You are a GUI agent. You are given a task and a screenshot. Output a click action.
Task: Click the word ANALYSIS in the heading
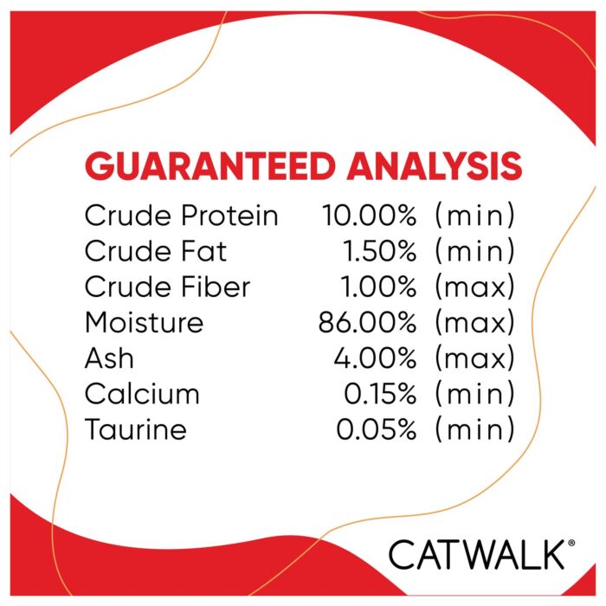click(x=435, y=166)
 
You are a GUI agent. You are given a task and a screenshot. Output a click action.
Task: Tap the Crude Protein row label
click(x=182, y=215)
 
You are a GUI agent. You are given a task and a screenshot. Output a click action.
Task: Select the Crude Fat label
click(x=155, y=250)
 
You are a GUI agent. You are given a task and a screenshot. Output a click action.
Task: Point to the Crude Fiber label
click(x=168, y=287)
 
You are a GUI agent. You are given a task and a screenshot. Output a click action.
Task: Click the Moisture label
click(x=145, y=322)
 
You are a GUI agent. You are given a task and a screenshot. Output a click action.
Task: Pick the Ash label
click(x=109, y=358)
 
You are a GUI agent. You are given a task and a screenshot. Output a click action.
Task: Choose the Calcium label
click(x=142, y=393)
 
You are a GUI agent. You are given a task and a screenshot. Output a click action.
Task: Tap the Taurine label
click(x=136, y=429)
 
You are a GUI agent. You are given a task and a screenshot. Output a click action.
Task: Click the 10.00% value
click(x=369, y=215)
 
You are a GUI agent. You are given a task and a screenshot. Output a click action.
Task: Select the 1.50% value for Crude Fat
click(x=379, y=250)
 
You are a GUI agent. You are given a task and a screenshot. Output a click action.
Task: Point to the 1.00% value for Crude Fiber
click(x=378, y=287)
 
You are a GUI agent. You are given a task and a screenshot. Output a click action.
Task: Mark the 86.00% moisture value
click(x=368, y=322)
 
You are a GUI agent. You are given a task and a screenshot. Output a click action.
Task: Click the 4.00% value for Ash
click(x=375, y=358)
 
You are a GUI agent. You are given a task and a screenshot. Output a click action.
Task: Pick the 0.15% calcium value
click(x=380, y=393)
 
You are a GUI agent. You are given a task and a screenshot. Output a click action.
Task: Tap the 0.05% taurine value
click(x=377, y=429)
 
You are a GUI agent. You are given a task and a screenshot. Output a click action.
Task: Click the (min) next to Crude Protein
click(x=475, y=215)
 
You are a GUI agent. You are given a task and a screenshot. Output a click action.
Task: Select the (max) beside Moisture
click(x=475, y=322)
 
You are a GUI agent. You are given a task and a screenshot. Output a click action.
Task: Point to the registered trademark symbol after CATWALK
click(x=571, y=543)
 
